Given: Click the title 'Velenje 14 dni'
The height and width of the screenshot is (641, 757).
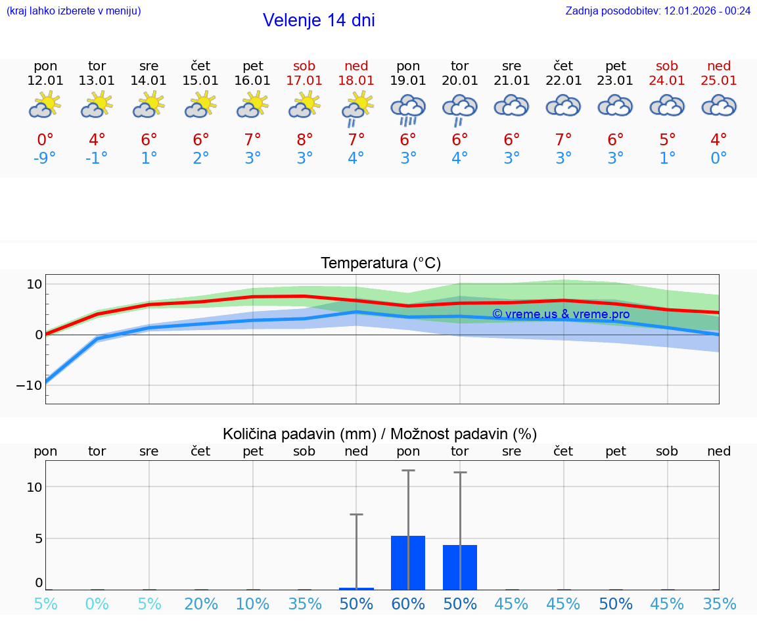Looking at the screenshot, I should (319, 20).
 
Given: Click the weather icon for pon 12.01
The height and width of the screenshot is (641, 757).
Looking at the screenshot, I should (45, 105).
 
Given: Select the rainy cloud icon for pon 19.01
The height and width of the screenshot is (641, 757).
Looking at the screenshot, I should (408, 109).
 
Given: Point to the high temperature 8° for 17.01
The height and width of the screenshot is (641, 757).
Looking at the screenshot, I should (304, 140).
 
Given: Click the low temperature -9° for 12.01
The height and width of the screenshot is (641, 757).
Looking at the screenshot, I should (45, 158).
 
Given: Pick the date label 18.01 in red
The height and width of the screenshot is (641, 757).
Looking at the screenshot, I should (356, 81).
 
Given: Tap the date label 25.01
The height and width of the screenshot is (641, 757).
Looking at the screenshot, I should (719, 81).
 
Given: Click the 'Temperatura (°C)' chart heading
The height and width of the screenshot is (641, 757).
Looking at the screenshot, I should (380, 264).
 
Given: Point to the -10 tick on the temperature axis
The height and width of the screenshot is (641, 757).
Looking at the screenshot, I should (29, 385).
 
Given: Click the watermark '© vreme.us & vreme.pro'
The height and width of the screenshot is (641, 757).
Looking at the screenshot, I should (561, 314).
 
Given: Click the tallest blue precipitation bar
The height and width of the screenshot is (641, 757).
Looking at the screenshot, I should (408, 563).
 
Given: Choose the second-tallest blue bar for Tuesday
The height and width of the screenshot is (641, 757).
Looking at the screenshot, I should (460, 567).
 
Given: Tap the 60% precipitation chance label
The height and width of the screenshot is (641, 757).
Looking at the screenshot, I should (408, 604).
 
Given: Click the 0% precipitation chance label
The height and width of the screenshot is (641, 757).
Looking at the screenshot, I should (97, 604).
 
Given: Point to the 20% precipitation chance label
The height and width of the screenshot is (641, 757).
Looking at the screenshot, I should (201, 604).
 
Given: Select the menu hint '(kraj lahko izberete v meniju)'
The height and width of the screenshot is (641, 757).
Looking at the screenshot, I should (74, 11).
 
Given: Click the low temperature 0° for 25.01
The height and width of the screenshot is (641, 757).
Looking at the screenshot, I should (719, 158).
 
